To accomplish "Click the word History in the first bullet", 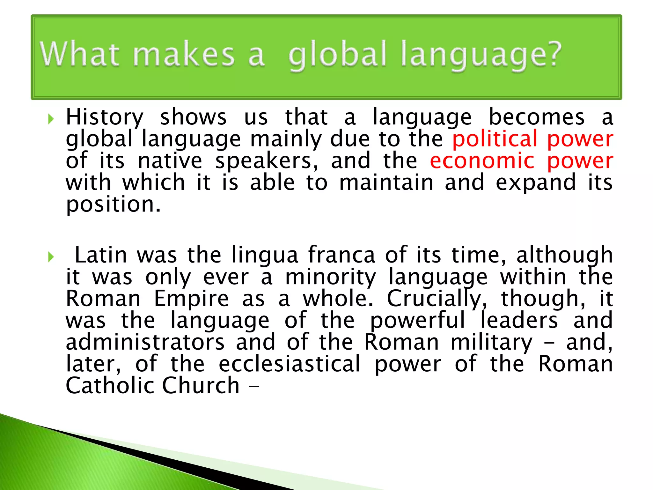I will [105, 117].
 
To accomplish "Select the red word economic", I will [482, 161].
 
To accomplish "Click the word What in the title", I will [80, 55].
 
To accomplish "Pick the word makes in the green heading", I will [183, 55].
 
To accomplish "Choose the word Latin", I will [101, 255].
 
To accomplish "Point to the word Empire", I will [191, 299].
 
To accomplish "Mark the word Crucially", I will [437, 299].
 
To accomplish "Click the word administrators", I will [145, 342].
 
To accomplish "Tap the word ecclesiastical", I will [290, 364].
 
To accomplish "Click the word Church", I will [201, 386].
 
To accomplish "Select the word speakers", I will [267, 161].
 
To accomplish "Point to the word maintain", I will [386, 182].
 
